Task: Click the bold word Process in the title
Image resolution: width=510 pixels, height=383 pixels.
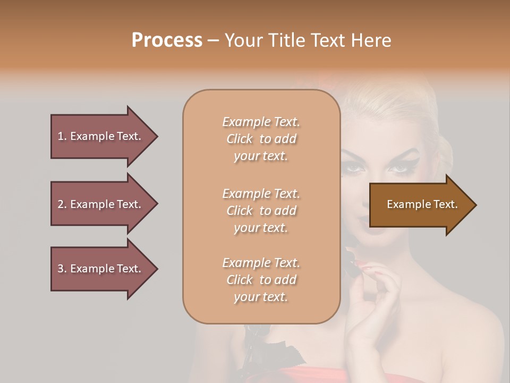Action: (x=167, y=40)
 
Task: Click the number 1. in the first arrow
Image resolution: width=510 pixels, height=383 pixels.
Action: (x=62, y=136)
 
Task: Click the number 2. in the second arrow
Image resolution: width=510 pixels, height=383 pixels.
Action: (x=62, y=204)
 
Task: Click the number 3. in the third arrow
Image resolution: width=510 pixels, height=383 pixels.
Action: (x=62, y=269)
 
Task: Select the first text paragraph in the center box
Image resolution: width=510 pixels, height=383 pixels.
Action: (x=261, y=139)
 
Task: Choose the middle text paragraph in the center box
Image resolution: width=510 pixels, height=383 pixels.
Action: (x=261, y=211)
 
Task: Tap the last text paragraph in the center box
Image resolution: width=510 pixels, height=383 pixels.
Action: (x=261, y=280)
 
